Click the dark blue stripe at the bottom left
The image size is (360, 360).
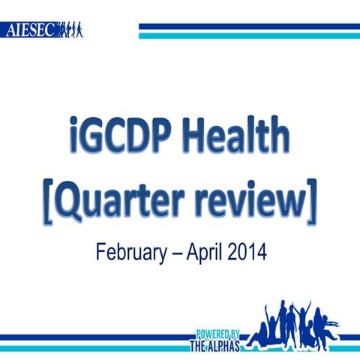[90, 337]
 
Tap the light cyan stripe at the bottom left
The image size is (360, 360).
[90, 346]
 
